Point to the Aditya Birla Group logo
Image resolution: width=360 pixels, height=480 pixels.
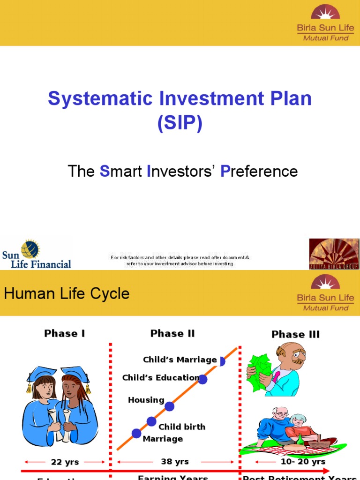pos(334,254)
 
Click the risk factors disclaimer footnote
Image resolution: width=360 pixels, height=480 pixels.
pos(180,261)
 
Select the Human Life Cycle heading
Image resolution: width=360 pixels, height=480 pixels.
pos(67,294)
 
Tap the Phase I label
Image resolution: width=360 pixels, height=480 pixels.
pos(65,333)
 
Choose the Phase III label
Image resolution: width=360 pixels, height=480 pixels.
pos(295,334)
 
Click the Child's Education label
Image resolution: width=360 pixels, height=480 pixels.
pos(161,377)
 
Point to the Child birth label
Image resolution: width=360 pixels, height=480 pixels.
pos(182,427)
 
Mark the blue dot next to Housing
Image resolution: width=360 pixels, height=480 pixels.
pos(170,406)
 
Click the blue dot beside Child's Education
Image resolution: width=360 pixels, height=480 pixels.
pos(202,379)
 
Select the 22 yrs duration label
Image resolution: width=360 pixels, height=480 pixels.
pos(65,462)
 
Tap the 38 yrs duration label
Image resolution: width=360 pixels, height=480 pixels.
pos(175,462)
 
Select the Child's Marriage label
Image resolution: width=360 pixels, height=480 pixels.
pos(180,360)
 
